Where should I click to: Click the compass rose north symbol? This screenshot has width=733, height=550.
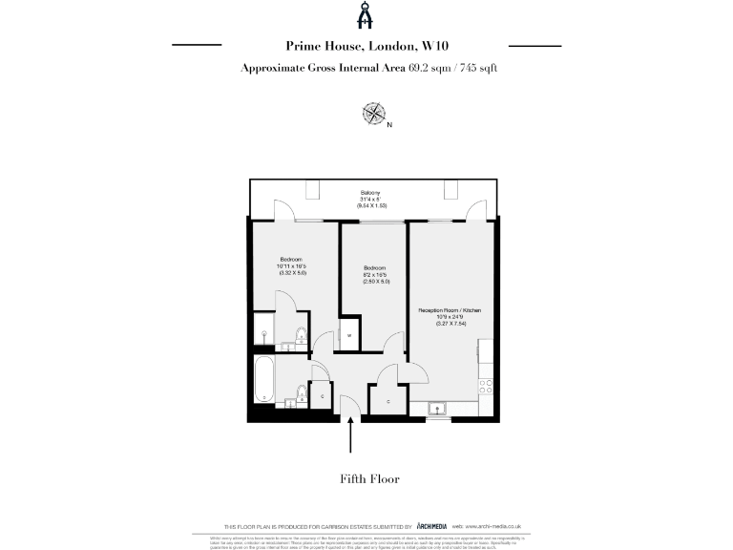374,115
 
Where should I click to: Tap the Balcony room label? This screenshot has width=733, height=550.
371,192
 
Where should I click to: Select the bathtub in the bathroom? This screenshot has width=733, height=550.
264,379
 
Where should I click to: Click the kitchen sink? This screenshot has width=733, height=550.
440,409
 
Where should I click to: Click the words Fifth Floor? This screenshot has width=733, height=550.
368,478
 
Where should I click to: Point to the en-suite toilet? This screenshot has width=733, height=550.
299,333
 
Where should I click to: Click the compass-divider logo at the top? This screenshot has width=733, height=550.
366,15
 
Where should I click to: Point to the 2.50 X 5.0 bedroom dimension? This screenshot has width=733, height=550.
374,282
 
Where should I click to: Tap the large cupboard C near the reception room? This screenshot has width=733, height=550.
388,401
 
